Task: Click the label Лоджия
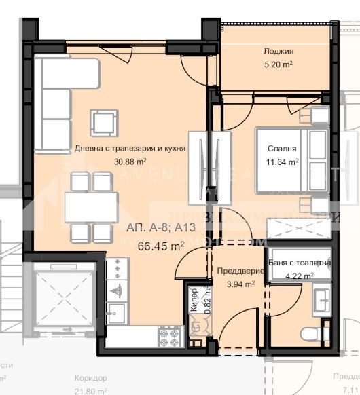point(278,52)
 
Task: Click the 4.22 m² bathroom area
point(299,276)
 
